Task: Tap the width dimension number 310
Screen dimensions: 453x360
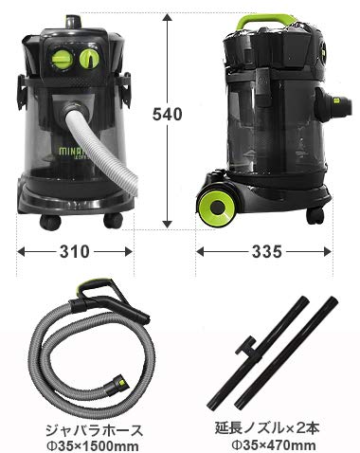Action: coord(74,253)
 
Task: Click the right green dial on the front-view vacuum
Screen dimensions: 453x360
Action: coord(92,59)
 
